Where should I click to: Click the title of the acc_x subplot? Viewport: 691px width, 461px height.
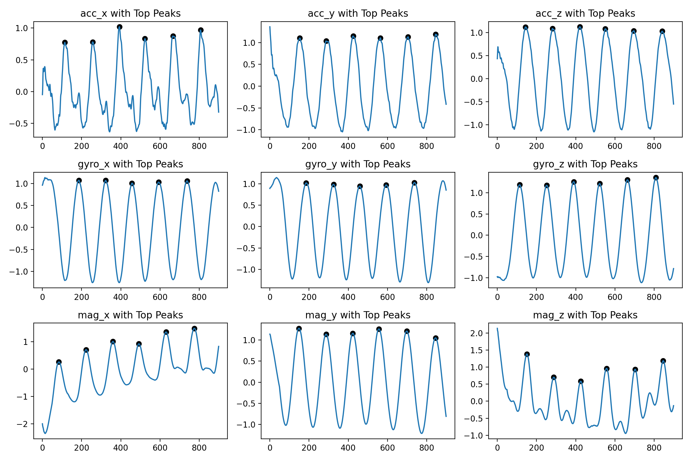point(130,14)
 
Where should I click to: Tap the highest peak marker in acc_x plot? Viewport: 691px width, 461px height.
point(119,27)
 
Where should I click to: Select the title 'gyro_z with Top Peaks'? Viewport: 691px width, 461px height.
point(585,164)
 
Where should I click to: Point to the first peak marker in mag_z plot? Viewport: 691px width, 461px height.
point(527,354)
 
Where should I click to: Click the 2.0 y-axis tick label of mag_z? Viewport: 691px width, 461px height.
point(477,333)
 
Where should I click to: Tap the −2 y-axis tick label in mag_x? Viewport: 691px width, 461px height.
point(22,424)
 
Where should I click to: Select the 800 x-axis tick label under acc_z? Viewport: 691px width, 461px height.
point(654,146)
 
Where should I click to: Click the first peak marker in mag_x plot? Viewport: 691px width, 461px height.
point(59,362)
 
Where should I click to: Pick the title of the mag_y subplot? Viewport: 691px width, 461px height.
point(358,315)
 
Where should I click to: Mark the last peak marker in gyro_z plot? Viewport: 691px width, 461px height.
point(656,177)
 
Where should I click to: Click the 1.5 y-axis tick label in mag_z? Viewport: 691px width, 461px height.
point(477,350)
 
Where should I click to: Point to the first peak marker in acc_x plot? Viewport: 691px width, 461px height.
point(65,43)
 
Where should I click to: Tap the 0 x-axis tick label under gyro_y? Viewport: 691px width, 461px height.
point(270,297)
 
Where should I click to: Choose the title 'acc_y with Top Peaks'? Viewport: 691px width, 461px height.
point(358,14)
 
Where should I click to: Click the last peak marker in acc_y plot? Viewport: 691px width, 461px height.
point(436,34)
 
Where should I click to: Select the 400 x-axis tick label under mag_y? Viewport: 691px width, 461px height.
point(348,448)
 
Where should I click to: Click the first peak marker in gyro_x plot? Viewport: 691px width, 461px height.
point(79,181)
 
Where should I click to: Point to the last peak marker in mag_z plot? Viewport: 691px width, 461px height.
point(663,361)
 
